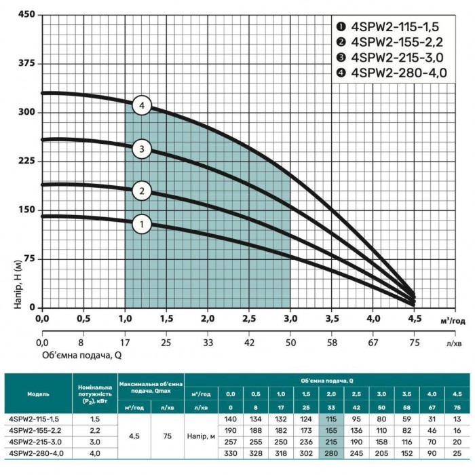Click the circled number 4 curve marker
pos(142,105)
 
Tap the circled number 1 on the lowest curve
pos(142,224)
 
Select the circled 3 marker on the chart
pos(142,149)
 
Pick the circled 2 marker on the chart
pos(142,191)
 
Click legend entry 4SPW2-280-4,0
pos(392,73)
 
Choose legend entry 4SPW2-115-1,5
pos(387,27)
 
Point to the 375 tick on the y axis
pos(26,63)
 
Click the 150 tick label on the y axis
pos(26,210)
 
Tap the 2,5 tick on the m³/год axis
pos(249,319)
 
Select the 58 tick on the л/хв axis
pos(332,343)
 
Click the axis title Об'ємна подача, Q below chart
pos(82,355)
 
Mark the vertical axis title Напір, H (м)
pos(18,284)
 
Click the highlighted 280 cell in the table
pos(331,453)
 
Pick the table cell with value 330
pos(231,453)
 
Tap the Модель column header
pos(38,394)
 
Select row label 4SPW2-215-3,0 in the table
pos(35,442)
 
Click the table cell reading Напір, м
pos(201,436)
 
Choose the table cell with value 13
pos(457,419)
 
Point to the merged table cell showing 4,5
pos(134,436)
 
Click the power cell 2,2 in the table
pos(95,430)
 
